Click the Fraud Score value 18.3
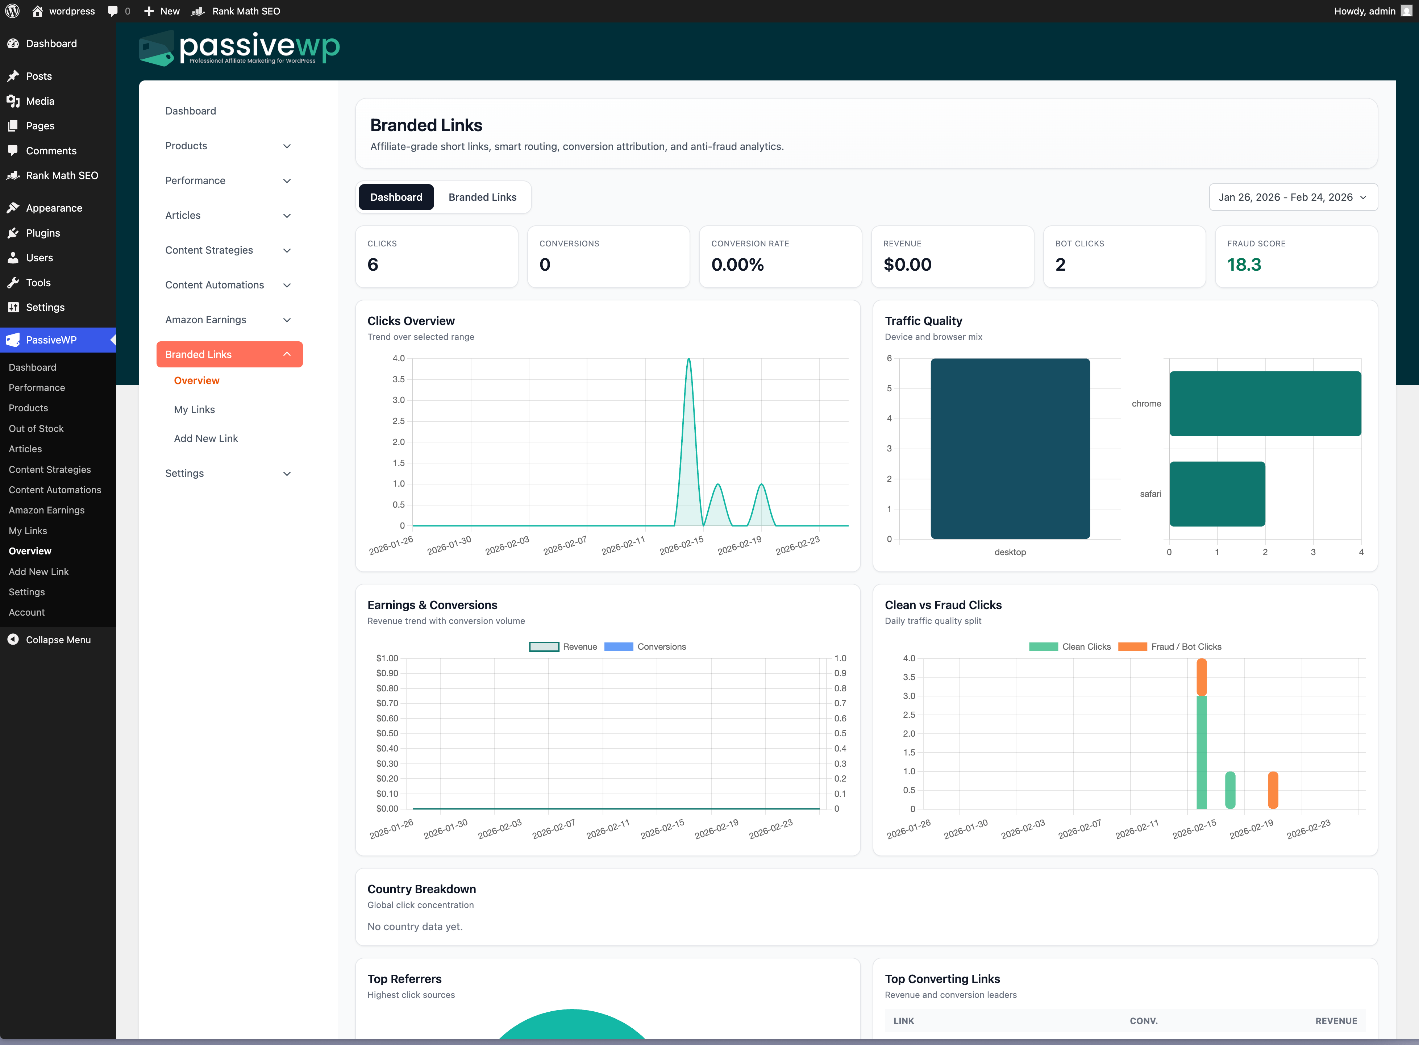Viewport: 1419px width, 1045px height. click(x=1244, y=265)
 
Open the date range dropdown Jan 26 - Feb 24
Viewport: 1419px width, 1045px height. click(x=1293, y=197)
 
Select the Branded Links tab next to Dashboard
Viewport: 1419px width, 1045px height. click(x=482, y=197)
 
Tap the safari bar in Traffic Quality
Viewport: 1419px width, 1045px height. click(x=1216, y=494)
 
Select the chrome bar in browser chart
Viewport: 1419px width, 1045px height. click(x=1265, y=404)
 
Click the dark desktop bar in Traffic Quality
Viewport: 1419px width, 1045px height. click(x=1010, y=449)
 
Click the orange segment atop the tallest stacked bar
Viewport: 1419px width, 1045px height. click(x=1201, y=677)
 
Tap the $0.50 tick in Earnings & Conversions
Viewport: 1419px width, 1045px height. click(x=387, y=733)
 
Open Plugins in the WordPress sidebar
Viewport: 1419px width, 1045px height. click(x=43, y=233)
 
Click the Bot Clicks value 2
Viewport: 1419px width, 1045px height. click(x=1060, y=265)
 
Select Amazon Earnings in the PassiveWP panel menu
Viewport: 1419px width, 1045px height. click(x=205, y=320)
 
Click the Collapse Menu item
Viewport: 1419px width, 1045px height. click(x=58, y=640)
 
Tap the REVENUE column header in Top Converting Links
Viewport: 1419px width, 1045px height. click(x=1336, y=1021)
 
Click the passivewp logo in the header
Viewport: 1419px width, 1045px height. click(x=240, y=49)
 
